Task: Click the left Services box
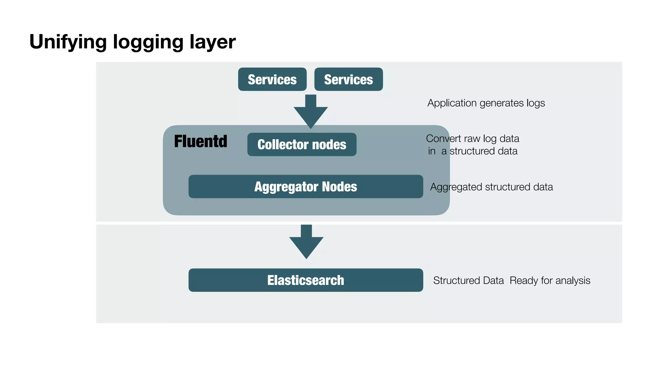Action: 272,79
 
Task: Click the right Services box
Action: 348,79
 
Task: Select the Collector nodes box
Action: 302,144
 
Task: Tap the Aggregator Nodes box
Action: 306,186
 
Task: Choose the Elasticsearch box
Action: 306,280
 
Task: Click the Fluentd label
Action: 200,141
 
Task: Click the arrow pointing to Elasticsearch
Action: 306,242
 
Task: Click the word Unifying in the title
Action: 68,42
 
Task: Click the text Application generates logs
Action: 486,103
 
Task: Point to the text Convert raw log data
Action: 472,139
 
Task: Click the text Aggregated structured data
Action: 491,187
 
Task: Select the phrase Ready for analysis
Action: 550,280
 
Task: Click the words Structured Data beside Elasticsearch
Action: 468,280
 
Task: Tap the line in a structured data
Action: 472,151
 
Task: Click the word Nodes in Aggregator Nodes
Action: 339,186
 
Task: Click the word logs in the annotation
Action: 535,103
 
